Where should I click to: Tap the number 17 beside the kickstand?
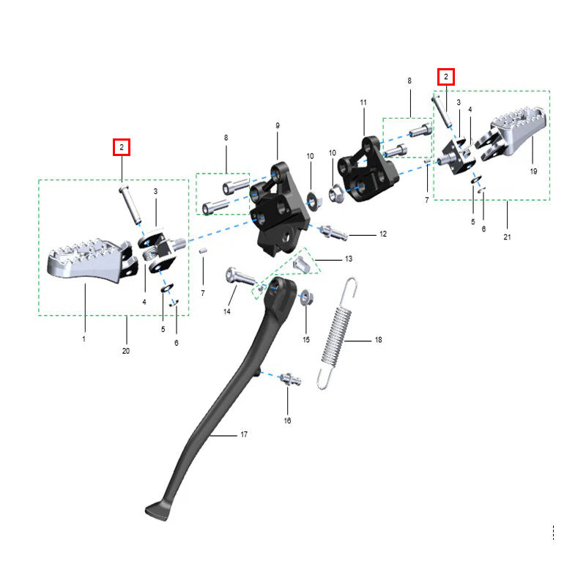(244, 434)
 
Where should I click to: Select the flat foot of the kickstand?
(157, 511)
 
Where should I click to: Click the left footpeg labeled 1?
(89, 260)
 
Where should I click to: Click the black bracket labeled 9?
(281, 209)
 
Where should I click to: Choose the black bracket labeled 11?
(368, 170)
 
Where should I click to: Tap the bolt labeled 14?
(240, 277)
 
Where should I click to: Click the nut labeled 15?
(306, 298)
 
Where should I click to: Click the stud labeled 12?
(333, 232)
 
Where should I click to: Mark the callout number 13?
(349, 259)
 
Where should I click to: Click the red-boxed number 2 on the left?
(122, 147)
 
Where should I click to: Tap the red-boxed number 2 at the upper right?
(446, 77)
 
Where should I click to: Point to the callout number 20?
(126, 351)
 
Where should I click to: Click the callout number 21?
(507, 237)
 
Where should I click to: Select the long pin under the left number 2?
(130, 205)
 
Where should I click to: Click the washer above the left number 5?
(167, 288)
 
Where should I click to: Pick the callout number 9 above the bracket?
(278, 125)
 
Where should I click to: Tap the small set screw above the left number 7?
(203, 251)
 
